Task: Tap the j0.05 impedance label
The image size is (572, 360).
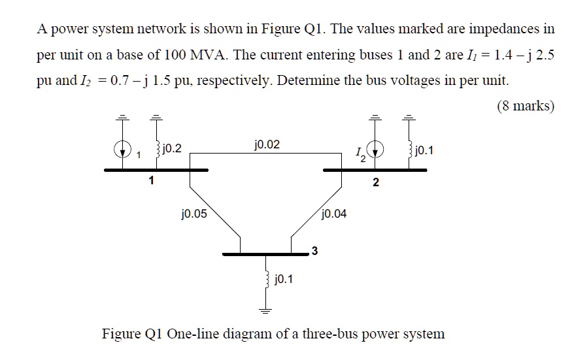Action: pyautogui.click(x=193, y=212)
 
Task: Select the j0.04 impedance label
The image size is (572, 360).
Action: pyautogui.click(x=334, y=212)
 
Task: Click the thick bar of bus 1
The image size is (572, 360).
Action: pyautogui.click(x=156, y=169)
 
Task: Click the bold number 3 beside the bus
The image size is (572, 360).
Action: pyautogui.click(x=314, y=250)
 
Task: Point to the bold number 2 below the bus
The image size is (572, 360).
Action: pyautogui.click(x=375, y=182)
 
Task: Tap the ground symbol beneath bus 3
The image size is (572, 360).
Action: pyautogui.click(x=266, y=308)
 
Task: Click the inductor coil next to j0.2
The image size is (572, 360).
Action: pyautogui.click(x=156, y=150)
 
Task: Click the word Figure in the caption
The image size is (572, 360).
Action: pyautogui.click(x=121, y=334)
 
